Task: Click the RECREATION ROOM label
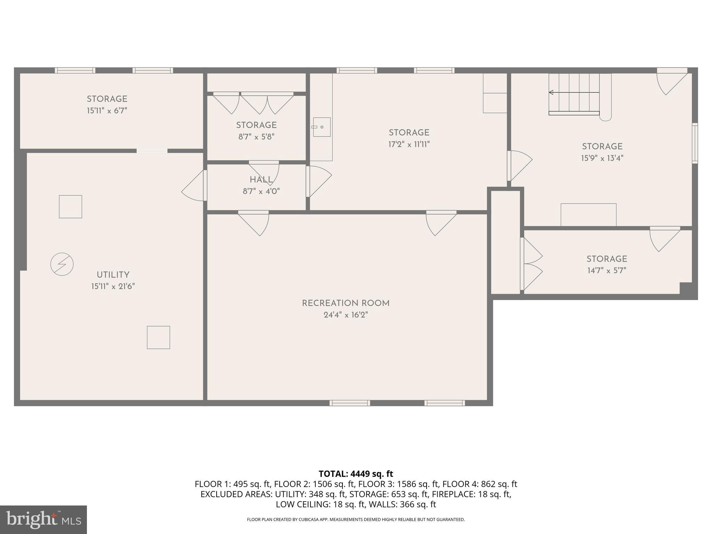pyautogui.click(x=346, y=303)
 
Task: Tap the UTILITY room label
pyautogui.click(x=113, y=275)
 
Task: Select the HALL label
pyautogui.click(x=261, y=180)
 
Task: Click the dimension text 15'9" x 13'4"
pyautogui.click(x=602, y=158)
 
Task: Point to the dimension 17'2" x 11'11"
pyautogui.click(x=409, y=144)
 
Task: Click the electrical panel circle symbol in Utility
pyautogui.click(x=62, y=264)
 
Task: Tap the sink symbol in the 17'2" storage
pyautogui.click(x=321, y=127)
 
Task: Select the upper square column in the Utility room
pyautogui.click(x=71, y=207)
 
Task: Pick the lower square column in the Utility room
pyautogui.click(x=159, y=337)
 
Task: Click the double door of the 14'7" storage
pyautogui.click(x=531, y=264)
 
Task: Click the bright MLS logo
pyautogui.click(x=43, y=519)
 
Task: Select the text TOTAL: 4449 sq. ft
pyautogui.click(x=356, y=474)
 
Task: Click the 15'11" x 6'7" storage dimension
pyautogui.click(x=107, y=111)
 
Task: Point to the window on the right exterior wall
pyautogui.click(x=695, y=143)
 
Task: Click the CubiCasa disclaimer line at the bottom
pyautogui.click(x=356, y=519)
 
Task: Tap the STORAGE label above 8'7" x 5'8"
pyautogui.click(x=256, y=125)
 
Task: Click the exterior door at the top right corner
pyautogui.click(x=672, y=81)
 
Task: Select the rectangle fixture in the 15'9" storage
pyautogui.click(x=588, y=215)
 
